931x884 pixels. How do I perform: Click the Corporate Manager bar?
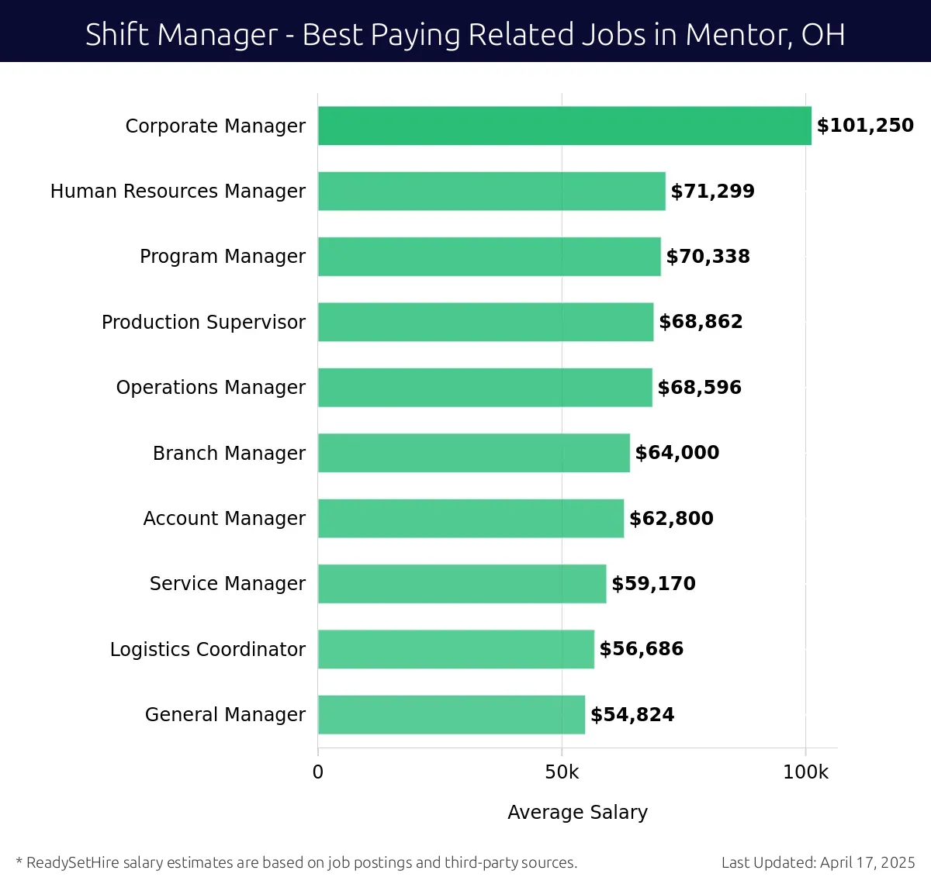[x=564, y=126]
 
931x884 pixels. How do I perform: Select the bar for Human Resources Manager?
[x=491, y=191]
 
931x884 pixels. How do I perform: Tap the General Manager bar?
[x=451, y=714]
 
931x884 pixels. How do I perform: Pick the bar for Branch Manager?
[x=473, y=453]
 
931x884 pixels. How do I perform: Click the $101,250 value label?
[x=865, y=126]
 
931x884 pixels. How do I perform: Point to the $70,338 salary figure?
[x=708, y=257]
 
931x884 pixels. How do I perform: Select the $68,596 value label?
[x=699, y=388]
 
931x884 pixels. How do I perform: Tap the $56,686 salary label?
[x=641, y=649]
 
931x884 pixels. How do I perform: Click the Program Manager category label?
[x=223, y=257]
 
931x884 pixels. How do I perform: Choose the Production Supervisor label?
[x=203, y=322]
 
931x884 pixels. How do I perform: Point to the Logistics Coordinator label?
[x=207, y=649]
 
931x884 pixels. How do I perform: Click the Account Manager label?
[x=224, y=518]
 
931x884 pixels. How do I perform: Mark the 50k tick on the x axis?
[x=562, y=772]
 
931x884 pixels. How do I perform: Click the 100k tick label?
[x=805, y=772]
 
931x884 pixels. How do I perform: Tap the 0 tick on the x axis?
[x=317, y=772]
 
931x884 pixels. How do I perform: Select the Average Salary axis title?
[x=577, y=812]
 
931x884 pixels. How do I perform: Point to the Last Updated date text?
[x=818, y=862]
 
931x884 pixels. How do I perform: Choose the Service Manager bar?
[x=462, y=584]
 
